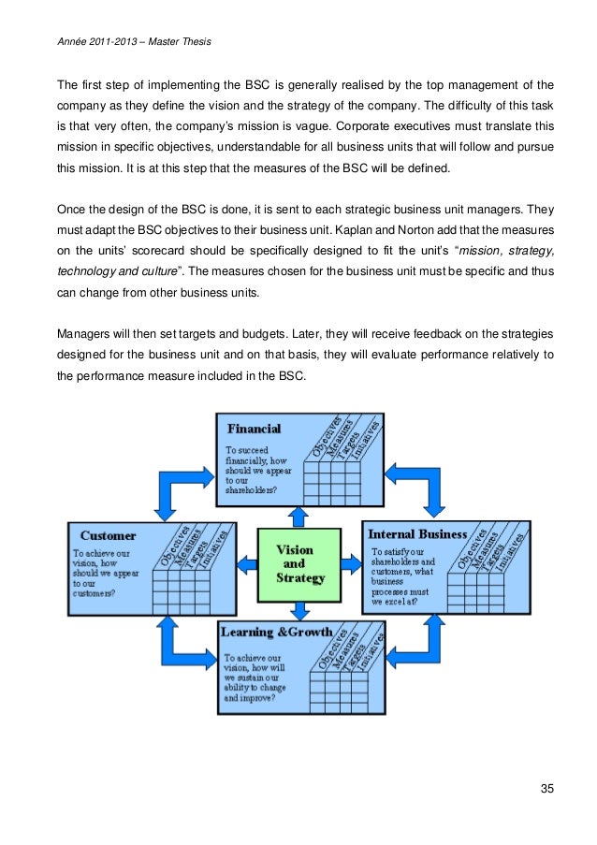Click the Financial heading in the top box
pyautogui.click(x=255, y=430)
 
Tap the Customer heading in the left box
pyautogui.click(x=108, y=536)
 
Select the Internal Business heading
pyautogui.click(x=417, y=534)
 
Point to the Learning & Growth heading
pyautogui.click(x=276, y=633)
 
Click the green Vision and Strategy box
pyautogui.click(x=299, y=564)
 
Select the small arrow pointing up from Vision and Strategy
pyautogui.click(x=298, y=514)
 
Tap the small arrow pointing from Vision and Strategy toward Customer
pyautogui.click(x=246, y=563)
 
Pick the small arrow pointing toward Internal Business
pyautogui.click(x=351, y=563)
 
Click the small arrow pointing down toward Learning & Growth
pyautogui.click(x=299, y=611)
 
